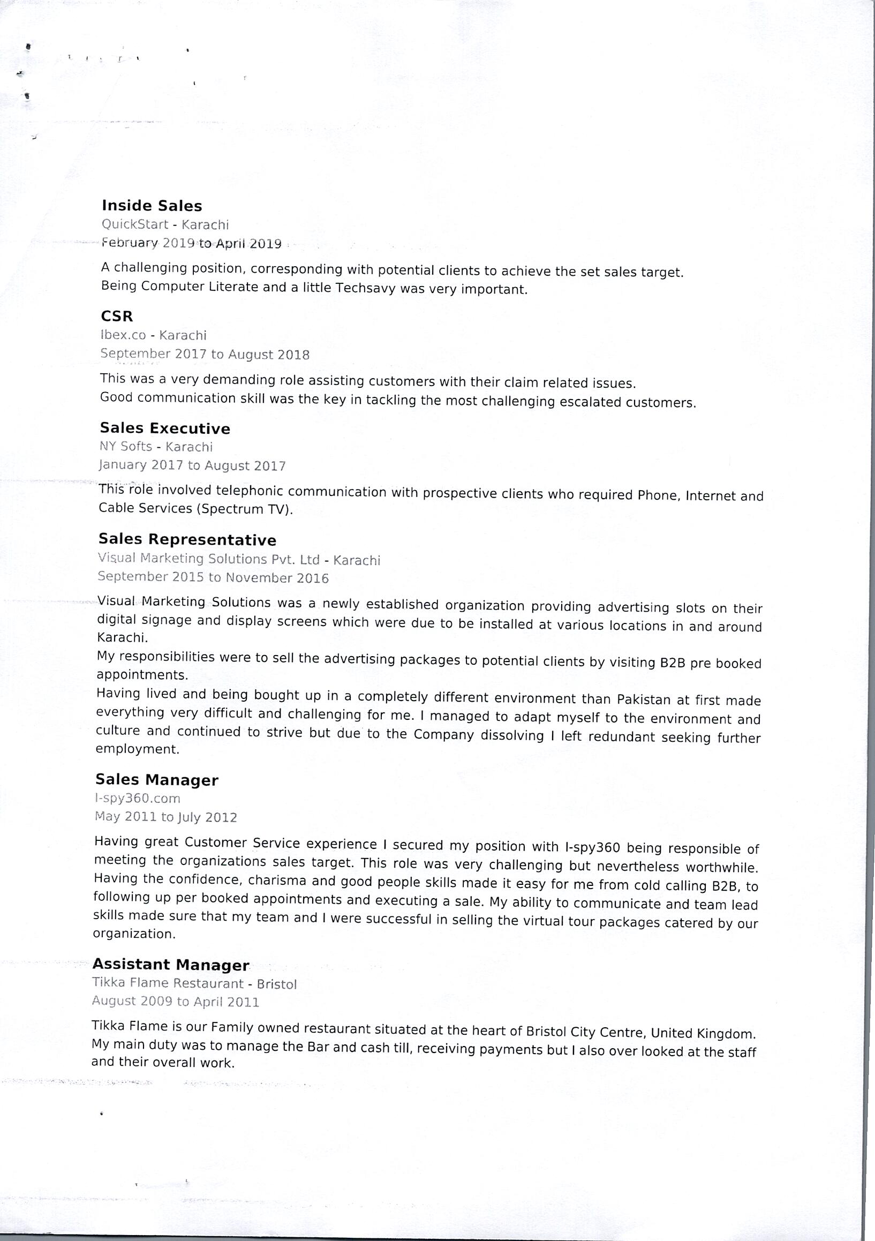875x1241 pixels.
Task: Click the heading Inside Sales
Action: [152, 205]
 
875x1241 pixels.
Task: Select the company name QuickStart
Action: [135, 224]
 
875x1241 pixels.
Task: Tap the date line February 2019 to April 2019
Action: [191, 243]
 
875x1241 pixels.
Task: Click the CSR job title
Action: [117, 316]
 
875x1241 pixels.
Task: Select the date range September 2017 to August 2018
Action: [205, 354]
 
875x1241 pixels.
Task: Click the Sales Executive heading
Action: [165, 428]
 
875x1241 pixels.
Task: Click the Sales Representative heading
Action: [187, 539]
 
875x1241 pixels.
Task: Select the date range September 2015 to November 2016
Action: [213, 577]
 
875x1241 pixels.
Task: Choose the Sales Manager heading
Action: [157, 779]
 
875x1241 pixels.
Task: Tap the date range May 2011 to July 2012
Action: [166, 817]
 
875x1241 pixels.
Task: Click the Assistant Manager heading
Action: [171, 965]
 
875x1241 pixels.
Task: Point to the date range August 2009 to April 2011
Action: [175, 1002]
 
